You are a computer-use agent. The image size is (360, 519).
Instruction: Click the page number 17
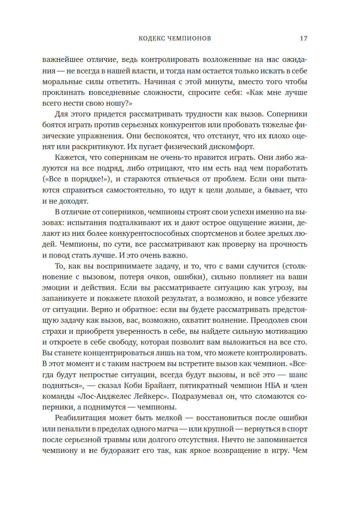point(303,39)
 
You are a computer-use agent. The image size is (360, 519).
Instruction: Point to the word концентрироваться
point(109,353)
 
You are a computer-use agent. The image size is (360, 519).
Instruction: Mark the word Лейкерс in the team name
point(153,396)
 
